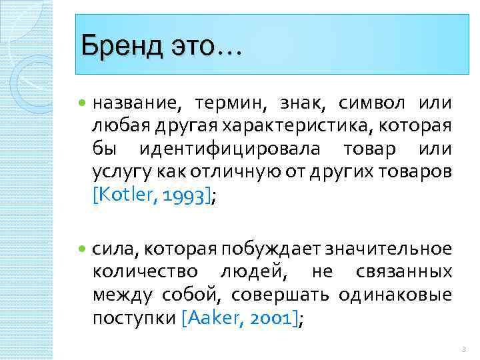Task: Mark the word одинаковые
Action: [395, 294]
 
